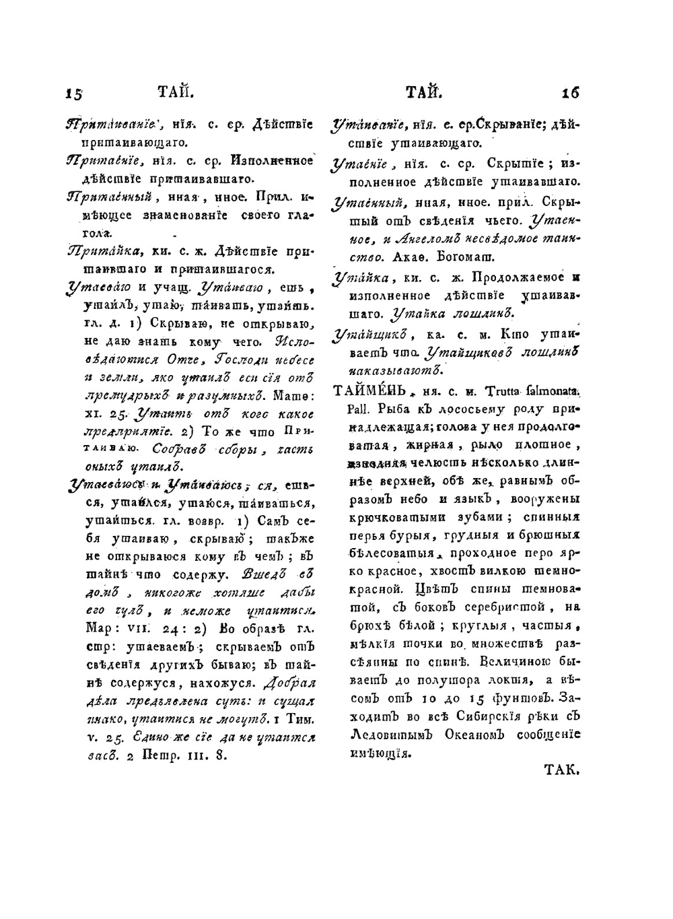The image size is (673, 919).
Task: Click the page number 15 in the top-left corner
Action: tap(73, 93)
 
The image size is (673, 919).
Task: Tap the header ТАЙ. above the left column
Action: tap(176, 91)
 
